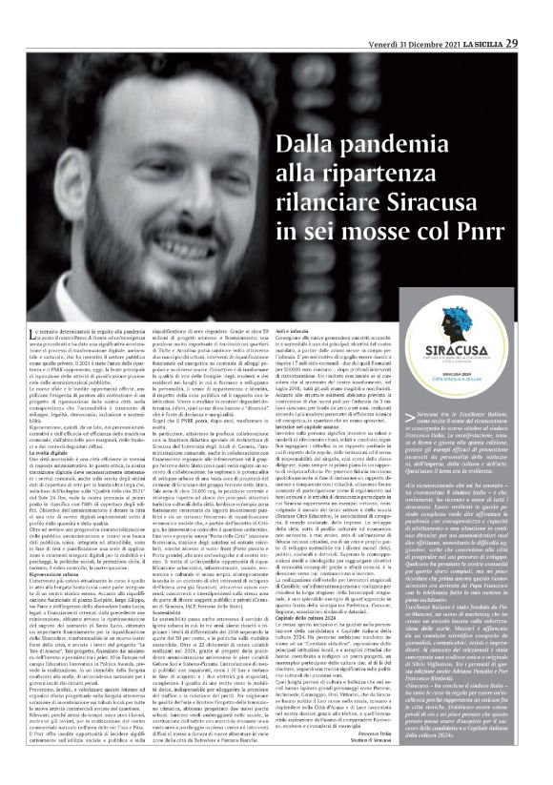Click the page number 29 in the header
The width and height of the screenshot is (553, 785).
pyautogui.click(x=540, y=15)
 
